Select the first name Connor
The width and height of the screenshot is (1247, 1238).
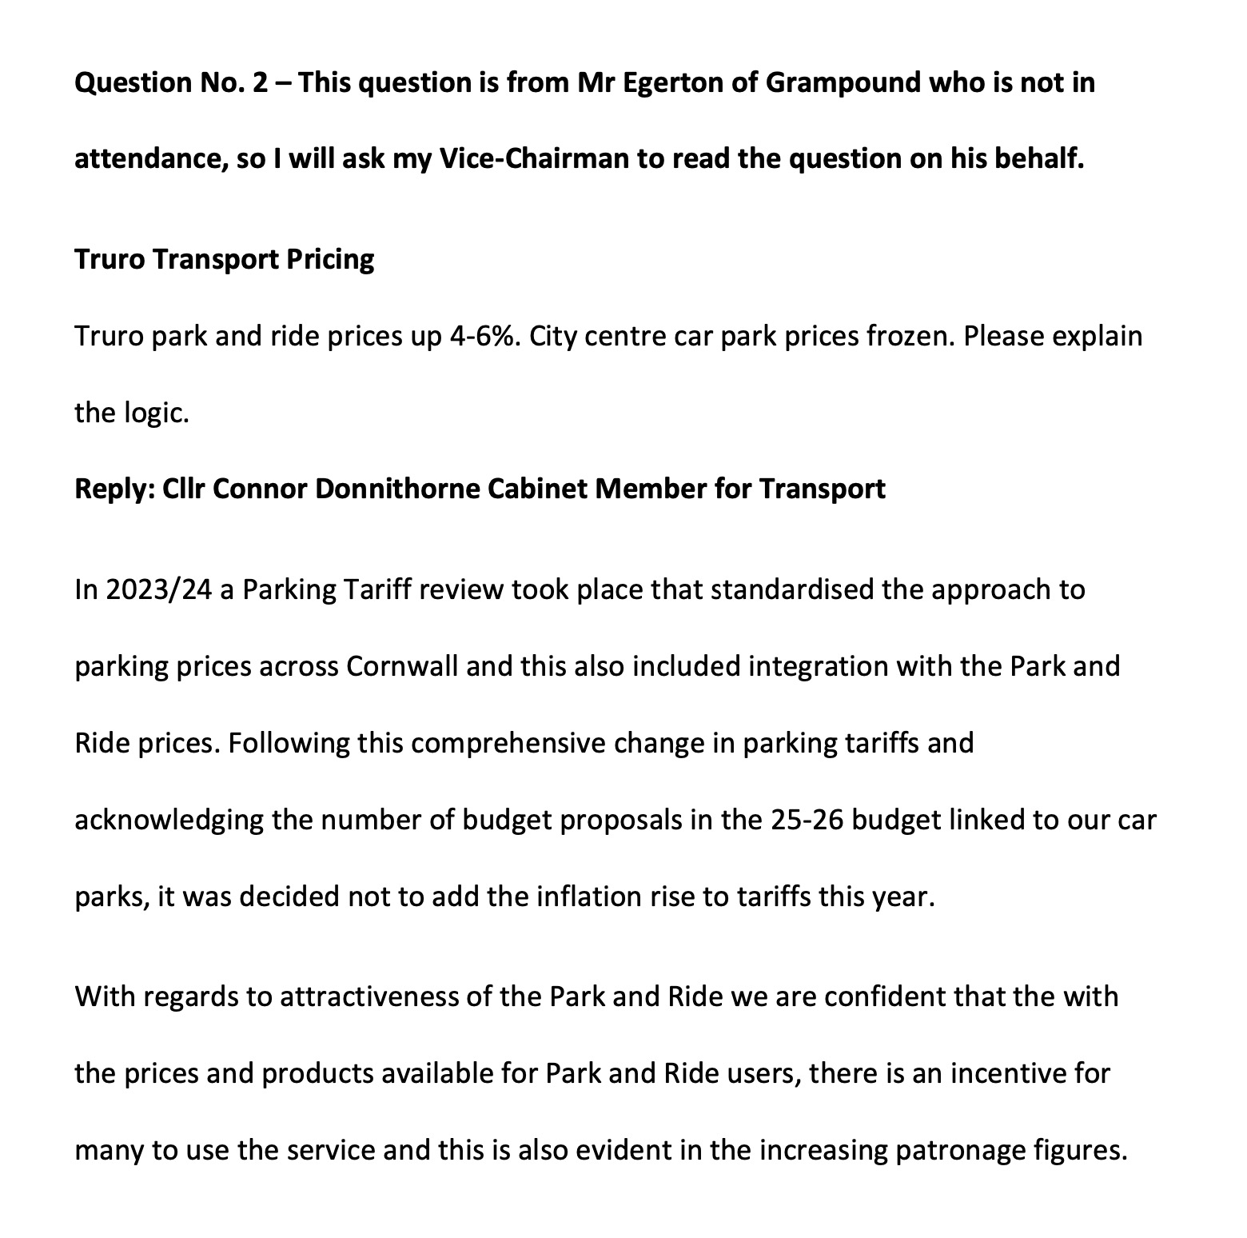tap(260, 489)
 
